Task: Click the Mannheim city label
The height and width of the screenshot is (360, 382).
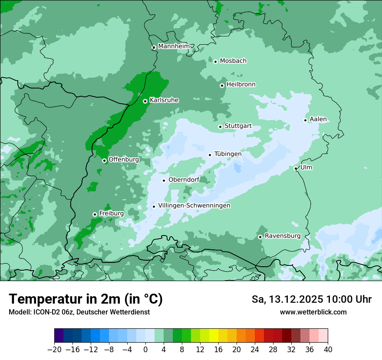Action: pos(174,46)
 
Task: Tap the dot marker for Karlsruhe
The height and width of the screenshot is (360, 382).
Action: pos(145,101)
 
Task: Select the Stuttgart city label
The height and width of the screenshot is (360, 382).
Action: pos(238,126)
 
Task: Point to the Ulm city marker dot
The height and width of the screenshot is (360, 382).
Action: pos(296,168)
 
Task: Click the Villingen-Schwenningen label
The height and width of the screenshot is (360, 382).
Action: pos(194,206)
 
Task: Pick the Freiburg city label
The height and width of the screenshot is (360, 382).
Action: pos(111,213)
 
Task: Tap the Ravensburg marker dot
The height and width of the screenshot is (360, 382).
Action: pos(260,237)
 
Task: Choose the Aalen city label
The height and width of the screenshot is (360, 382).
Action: pos(318,119)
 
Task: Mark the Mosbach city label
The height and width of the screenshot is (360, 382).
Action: pos(233,61)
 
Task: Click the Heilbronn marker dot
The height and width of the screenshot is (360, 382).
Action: pos(222,85)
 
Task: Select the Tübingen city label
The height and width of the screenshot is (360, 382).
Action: pos(228,154)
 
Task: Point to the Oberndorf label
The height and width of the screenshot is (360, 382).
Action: pos(184,180)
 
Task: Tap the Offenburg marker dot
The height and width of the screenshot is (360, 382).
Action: pos(104,160)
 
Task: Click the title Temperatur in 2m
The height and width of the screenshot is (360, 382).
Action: pos(86,299)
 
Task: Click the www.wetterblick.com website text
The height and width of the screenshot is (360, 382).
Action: pos(313,312)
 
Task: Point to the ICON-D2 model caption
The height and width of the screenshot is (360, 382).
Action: pos(79,312)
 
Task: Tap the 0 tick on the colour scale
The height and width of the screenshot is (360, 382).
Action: pos(145,350)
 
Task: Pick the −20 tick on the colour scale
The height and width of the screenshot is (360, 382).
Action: pos(54,350)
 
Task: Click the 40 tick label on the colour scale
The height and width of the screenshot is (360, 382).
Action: pos(328,350)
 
